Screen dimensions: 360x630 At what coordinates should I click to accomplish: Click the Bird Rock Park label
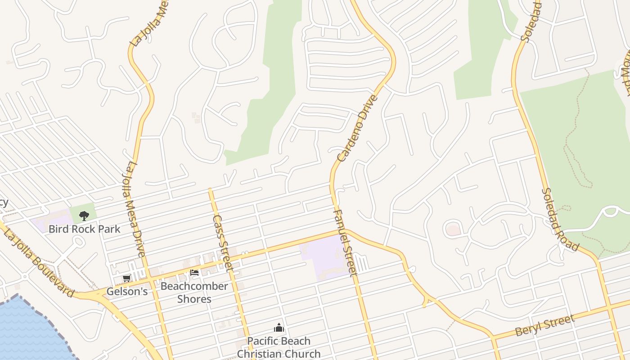pos(84,229)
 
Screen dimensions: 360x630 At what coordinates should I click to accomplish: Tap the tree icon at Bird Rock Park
pos(84,216)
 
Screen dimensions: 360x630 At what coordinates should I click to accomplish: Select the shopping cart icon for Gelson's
pos(127,279)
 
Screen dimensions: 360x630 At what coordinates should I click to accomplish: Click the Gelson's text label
pos(127,292)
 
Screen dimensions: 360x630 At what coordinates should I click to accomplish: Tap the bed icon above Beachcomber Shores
pos(194,273)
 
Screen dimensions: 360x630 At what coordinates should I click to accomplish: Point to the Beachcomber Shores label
pos(194,292)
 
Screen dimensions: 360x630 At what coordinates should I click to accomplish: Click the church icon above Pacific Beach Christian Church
pos(279,328)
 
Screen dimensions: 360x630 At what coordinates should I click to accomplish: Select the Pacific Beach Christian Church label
pos(279,347)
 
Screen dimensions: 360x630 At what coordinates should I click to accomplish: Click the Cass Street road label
pos(223,243)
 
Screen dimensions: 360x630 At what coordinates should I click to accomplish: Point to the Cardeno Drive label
pos(358,128)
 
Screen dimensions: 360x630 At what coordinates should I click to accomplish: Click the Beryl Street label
pos(545,325)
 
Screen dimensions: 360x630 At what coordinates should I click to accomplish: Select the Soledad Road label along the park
pos(560,220)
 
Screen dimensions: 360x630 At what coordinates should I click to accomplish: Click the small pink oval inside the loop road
pos(454,230)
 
